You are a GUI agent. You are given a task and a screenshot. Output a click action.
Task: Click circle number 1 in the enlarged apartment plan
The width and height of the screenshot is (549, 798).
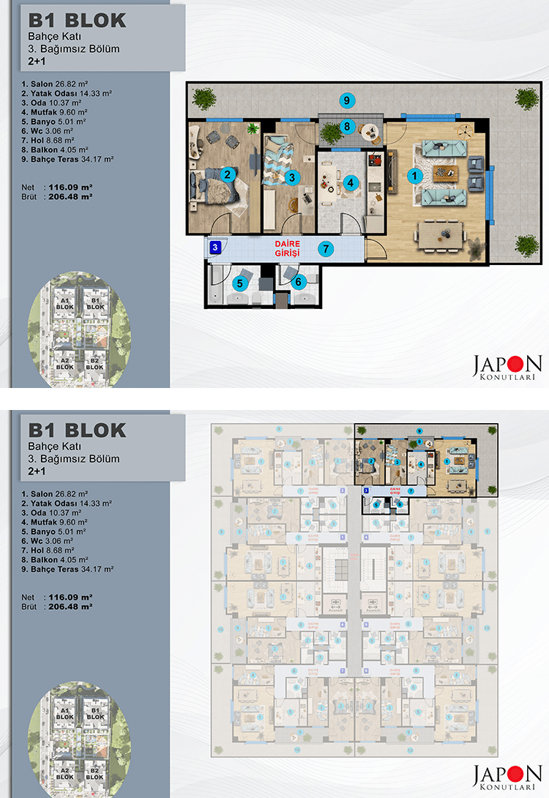pyautogui.click(x=414, y=175)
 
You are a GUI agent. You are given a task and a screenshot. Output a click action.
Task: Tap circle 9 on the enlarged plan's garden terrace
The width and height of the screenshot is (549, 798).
pyautogui.click(x=348, y=100)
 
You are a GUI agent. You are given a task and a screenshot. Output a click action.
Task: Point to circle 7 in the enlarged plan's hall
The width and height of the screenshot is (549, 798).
pyautogui.click(x=326, y=248)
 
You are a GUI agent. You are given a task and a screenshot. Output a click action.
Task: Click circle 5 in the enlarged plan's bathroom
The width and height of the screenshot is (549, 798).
pyautogui.click(x=239, y=282)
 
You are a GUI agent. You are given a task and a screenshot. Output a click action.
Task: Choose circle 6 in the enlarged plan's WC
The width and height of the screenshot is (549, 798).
pyautogui.click(x=297, y=280)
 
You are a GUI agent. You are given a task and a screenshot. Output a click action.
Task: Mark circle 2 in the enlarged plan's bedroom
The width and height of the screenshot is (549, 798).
pyautogui.click(x=228, y=174)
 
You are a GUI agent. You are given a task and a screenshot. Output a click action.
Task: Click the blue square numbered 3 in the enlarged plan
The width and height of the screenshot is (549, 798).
pyautogui.click(x=215, y=247)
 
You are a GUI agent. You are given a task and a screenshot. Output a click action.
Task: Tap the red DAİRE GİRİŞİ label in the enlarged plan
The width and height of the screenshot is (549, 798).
pyautogui.click(x=288, y=247)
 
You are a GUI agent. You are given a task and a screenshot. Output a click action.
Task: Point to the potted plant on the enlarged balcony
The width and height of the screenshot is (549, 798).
pyautogui.click(x=332, y=133)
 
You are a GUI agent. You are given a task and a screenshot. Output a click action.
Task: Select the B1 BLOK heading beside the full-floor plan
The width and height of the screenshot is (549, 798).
pyautogui.click(x=77, y=430)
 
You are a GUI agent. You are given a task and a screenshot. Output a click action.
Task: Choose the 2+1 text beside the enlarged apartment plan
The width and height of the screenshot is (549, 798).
pyautogui.click(x=37, y=62)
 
